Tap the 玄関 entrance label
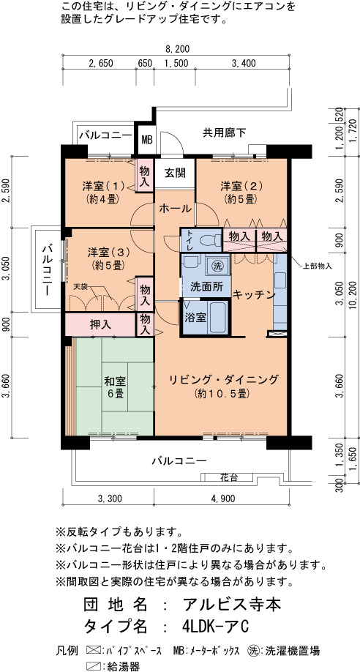point(176,173)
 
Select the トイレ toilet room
point(201,240)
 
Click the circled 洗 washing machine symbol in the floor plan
point(217,265)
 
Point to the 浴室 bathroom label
point(195,318)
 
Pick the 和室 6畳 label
point(116,387)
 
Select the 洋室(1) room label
point(103,193)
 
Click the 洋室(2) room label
point(241,193)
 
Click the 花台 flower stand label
point(230,477)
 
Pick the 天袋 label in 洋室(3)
point(80,286)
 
